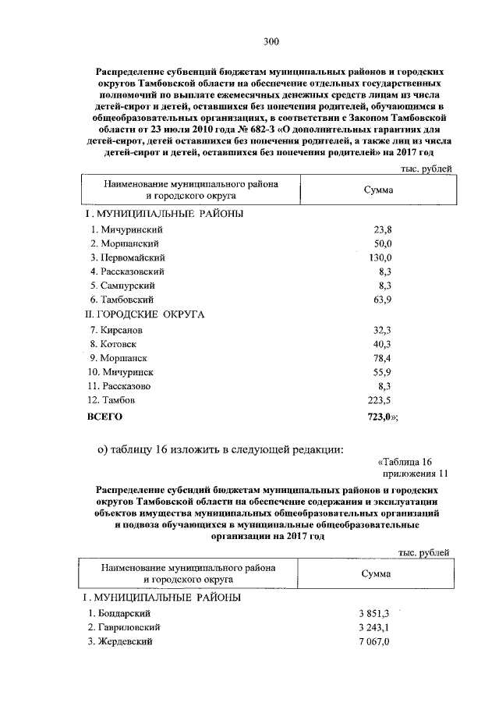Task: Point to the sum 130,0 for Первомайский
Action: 378,257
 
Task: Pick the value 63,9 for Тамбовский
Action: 378,300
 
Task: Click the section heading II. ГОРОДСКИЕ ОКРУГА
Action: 143,314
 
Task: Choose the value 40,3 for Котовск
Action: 378,344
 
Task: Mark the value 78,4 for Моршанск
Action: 378,358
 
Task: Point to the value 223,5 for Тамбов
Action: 377,400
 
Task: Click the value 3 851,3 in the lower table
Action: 373,613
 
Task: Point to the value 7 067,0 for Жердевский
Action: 373,641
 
